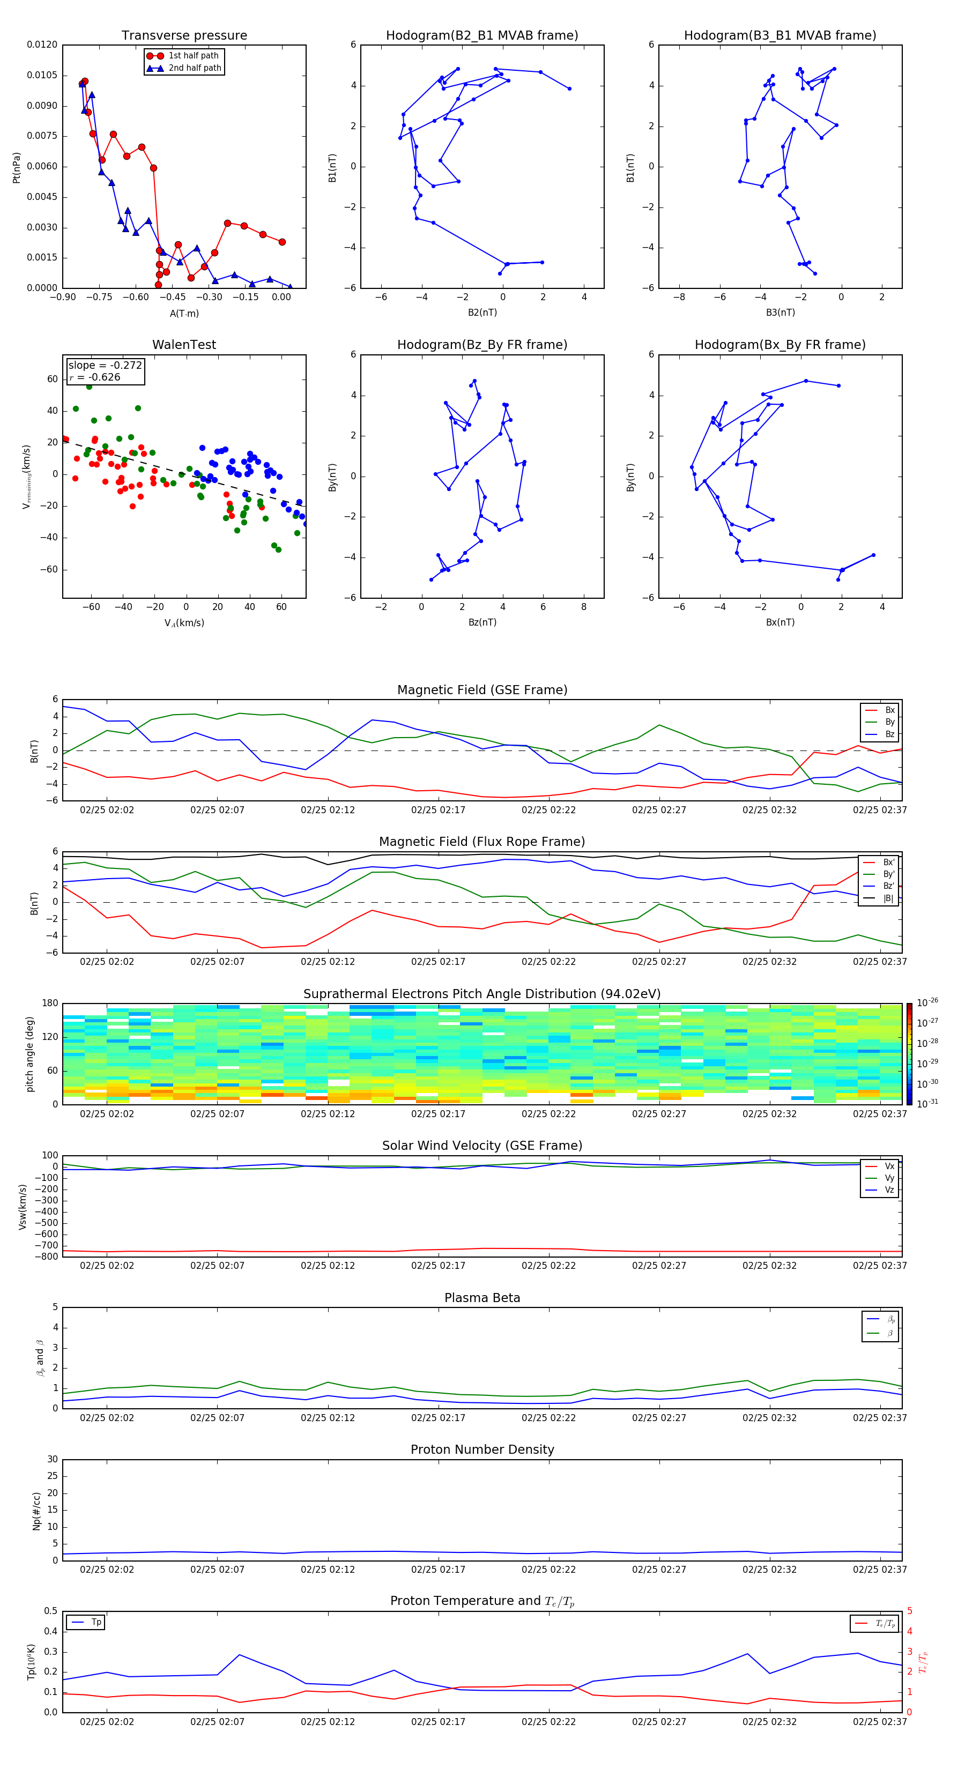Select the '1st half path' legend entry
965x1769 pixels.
[x=193, y=56]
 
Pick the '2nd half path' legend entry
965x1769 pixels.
[x=195, y=68]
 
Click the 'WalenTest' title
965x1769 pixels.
[x=184, y=345]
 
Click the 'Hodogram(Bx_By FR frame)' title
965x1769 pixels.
[x=780, y=345]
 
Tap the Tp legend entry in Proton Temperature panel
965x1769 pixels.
[x=96, y=1622]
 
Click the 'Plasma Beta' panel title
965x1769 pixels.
[x=482, y=1298]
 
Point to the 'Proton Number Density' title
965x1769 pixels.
[x=482, y=1450]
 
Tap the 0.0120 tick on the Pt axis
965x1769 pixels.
[x=42, y=44]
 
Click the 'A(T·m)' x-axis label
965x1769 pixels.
[x=184, y=314]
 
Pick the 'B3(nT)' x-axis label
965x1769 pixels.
[x=780, y=313]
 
